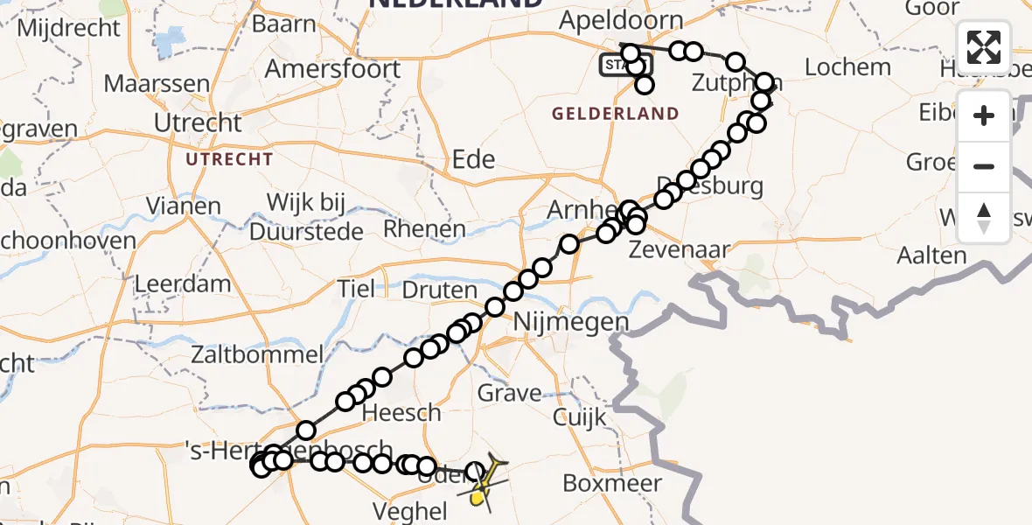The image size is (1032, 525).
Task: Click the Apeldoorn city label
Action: (622, 20)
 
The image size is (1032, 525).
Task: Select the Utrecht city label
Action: (198, 122)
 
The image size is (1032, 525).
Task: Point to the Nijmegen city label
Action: (573, 322)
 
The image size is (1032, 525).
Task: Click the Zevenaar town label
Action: (668, 250)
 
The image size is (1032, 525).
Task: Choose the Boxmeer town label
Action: (612, 483)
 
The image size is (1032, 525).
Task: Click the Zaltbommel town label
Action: (259, 355)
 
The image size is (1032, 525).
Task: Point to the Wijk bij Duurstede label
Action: (306, 217)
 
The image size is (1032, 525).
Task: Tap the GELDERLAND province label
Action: (615, 114)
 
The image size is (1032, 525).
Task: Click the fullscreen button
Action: (984, 47)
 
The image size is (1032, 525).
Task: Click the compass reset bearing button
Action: (984, 217)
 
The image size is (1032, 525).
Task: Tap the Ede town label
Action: (473, 159)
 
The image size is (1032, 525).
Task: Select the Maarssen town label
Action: (157, 84)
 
